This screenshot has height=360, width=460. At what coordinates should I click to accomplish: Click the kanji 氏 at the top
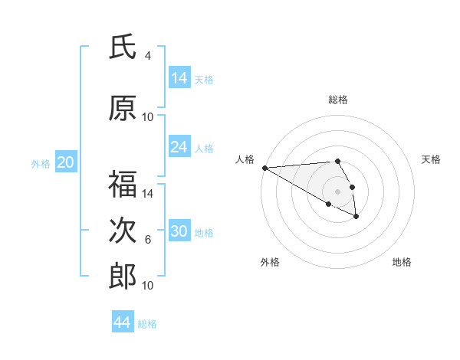[123, 47]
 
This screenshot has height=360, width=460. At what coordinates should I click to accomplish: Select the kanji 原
[123, 108]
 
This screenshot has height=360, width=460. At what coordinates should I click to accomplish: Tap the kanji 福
[123, 185]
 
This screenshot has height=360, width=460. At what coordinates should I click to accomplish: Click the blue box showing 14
[179, 78]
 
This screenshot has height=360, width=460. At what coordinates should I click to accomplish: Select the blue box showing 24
[179, 147]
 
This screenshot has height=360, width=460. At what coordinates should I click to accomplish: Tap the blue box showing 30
[179, 231]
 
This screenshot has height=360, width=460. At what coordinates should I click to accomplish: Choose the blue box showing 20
[66, 162]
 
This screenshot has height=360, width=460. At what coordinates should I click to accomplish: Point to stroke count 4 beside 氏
[148, 56]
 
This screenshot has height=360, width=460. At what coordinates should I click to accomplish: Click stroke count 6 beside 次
[148, 240]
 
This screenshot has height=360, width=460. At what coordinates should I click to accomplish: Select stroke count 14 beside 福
[148, 194]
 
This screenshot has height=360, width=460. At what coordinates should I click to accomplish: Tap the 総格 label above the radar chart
[338, 100]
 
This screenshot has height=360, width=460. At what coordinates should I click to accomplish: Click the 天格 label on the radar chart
[432, 159]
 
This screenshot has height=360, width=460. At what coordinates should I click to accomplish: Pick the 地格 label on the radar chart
[402, 262]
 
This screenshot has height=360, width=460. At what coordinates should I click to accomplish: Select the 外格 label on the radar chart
[270, 262]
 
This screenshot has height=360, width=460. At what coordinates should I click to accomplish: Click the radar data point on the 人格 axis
[264, 168]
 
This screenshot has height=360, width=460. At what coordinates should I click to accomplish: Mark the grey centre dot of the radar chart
[337, 191]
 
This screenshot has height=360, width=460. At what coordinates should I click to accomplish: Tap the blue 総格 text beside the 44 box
[147, 324]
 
